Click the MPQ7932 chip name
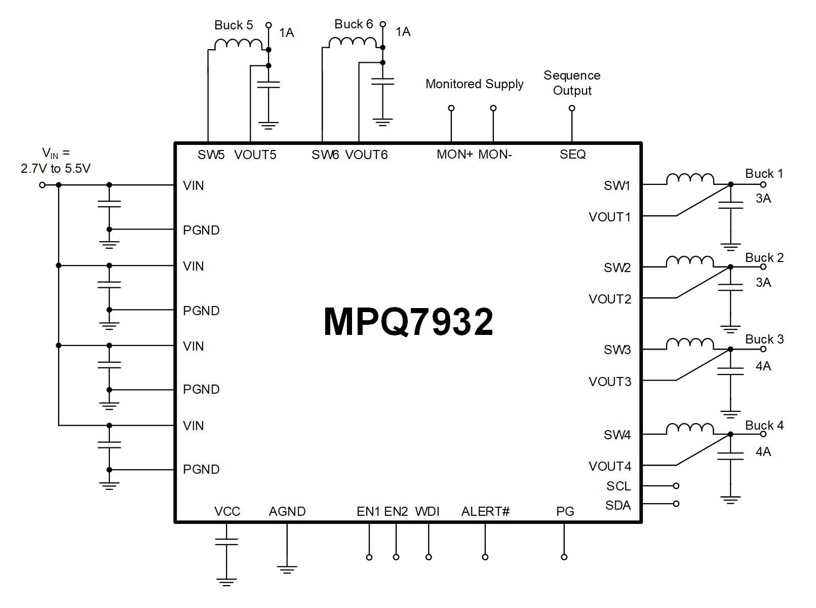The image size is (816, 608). pos(408,322)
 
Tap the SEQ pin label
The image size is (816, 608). pos(572,155)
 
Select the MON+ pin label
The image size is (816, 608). pos(454,155)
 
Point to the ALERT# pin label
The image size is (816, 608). pos(485,512)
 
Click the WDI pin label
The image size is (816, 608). pos(427,512)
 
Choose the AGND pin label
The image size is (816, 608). pos(287,512)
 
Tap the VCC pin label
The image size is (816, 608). pos(227,512)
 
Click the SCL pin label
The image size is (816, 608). pos(618,486)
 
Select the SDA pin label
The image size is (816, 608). pos(618,506)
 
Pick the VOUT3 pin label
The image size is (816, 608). pos(610,382)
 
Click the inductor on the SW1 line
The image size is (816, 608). pos(690,179)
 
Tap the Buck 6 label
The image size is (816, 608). pos(354,24)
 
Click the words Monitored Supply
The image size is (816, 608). pos(474,84)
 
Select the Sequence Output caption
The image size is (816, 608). pos(572,83)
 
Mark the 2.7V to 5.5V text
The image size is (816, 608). pos(56,169)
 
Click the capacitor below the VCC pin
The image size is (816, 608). pos(226,542)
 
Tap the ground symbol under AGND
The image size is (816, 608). pos(287,569)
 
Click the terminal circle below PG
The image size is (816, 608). pos(564,557)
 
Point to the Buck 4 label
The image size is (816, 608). pos(764,426)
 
